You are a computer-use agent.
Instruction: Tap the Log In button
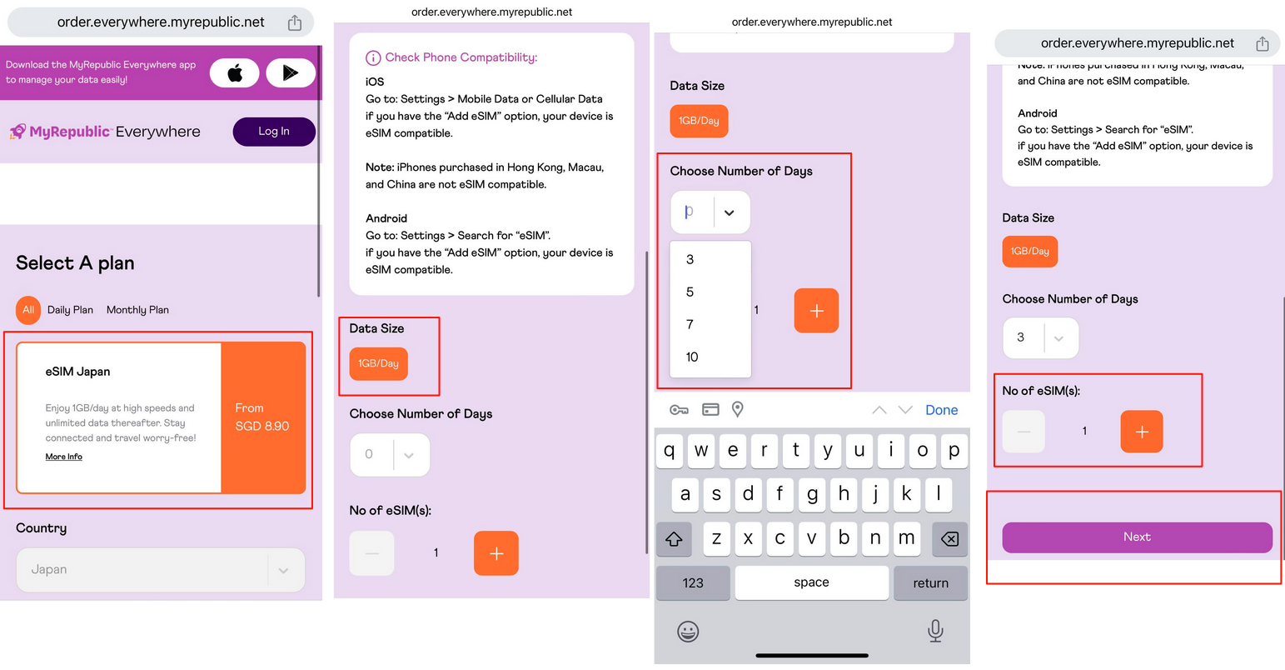[x=274, y=132]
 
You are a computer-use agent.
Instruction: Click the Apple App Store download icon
[x=234, y=72]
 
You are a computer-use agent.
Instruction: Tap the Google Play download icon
[x=291, y=72]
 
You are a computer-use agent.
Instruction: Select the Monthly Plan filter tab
[x=137, y=310]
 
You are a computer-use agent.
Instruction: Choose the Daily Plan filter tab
[x=70, y=310]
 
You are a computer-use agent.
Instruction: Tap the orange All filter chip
[x=28, y=310]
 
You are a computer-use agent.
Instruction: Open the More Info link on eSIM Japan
[x=63, y=457]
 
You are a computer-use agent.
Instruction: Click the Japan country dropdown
[x=161, y=569]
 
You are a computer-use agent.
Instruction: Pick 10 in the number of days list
[x=692, y=357]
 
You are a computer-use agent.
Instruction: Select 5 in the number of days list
[x=690, y=292]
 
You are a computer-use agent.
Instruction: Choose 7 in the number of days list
[x=690, y=324]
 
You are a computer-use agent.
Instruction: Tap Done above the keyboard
[x=941, y=410]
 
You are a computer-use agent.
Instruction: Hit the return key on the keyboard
[x=930, y=582]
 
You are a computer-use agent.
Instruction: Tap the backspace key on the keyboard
[x=949, y=538]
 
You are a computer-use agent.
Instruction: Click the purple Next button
[x=1137, y=537]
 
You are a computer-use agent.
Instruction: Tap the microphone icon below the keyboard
[x=935, y=631]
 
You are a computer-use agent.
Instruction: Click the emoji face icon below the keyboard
[x=688, y=632]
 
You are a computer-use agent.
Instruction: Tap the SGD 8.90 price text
[x=262, y=426]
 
